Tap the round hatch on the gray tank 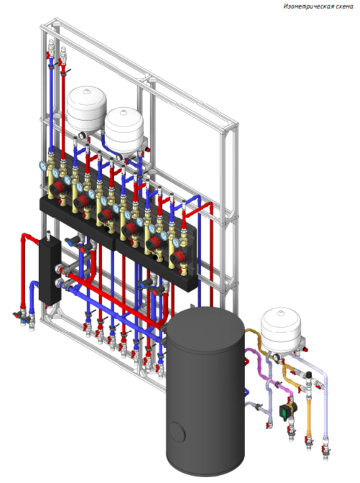pos(177,432)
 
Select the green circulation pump pos(288,409)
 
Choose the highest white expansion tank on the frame pos(87,108)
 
